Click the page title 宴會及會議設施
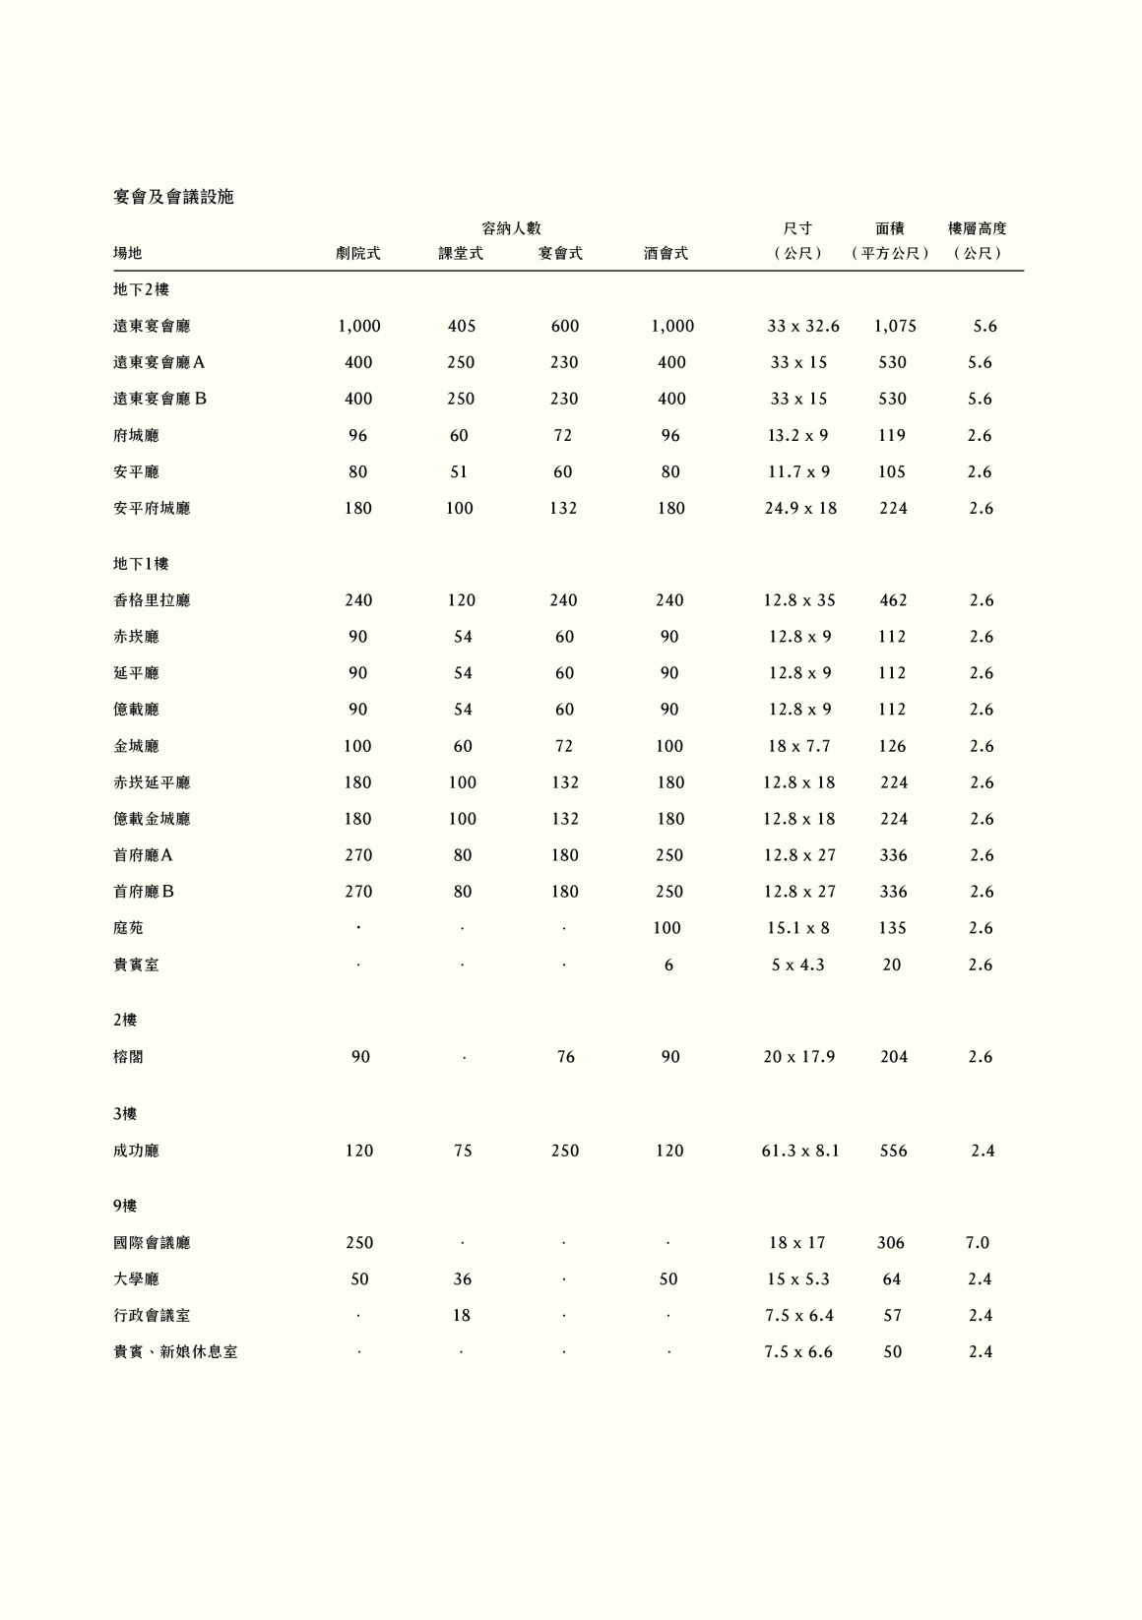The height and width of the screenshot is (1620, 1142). pos(173,197)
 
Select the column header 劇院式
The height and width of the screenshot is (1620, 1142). pos(358,253)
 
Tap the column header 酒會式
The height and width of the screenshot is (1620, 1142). pos(666,253)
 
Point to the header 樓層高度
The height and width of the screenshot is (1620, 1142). pos(977,228)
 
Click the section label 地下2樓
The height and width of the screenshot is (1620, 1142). pos(141,289)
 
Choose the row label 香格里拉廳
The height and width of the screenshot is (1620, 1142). pos(152,600)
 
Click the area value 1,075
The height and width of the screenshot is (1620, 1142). pos(895,326)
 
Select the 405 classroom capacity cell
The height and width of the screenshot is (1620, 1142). pos(462,326)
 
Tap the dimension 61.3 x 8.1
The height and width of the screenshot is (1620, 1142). pos(800,1151)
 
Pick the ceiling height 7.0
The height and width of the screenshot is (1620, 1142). pos(978,1243)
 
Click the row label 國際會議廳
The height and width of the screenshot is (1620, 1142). pos(152,1243)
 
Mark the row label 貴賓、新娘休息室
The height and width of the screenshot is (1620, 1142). pos(175,1352)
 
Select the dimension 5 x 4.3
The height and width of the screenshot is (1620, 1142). pos(798,965)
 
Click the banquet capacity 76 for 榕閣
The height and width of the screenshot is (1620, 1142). pos(565,1057)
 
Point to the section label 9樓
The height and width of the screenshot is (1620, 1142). pos(125,1206)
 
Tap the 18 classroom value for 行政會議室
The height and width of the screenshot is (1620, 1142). pos(462,1316)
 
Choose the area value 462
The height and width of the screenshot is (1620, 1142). pos(893,600)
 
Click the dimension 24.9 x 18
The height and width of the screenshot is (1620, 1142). pos(800,509)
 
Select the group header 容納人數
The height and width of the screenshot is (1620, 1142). pos(512,228)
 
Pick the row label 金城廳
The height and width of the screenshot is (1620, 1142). pos(136,746)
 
